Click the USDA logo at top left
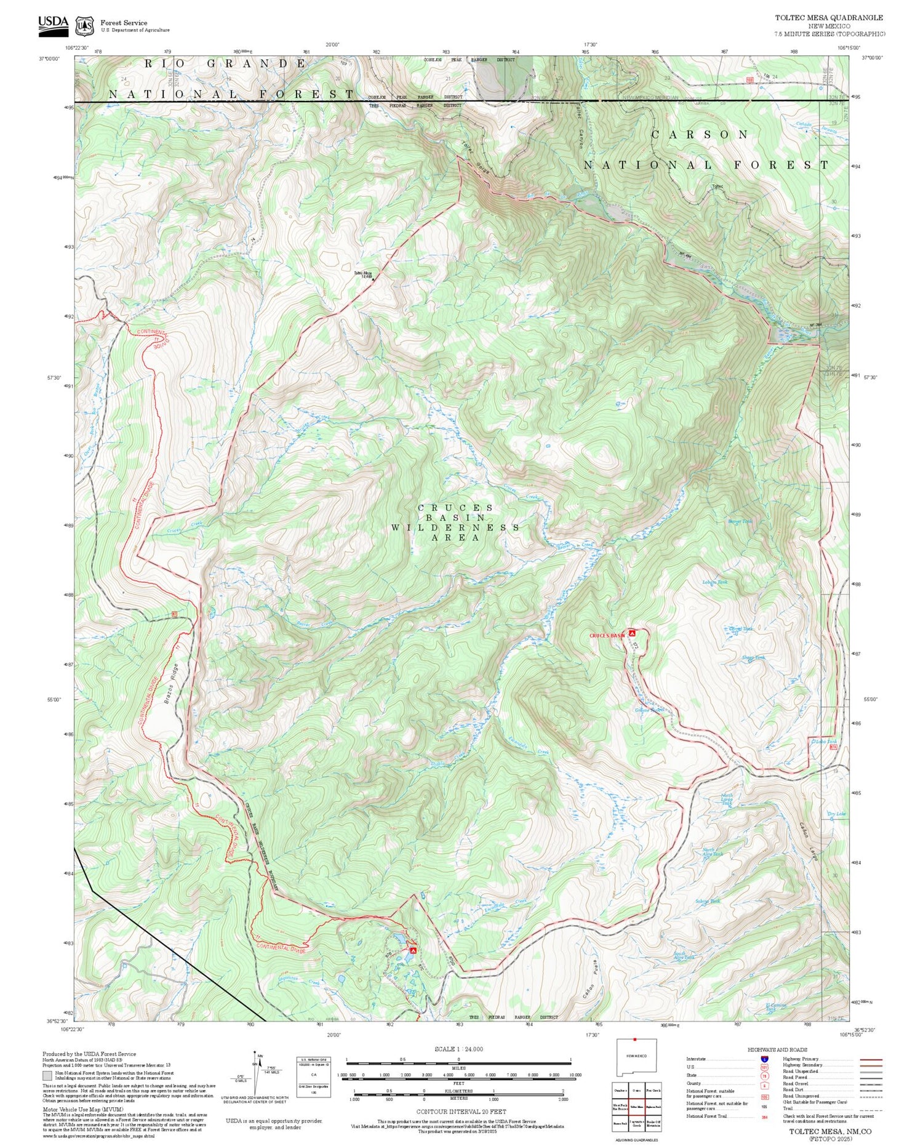tap(53, 23)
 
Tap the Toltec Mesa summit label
tap(363, 274)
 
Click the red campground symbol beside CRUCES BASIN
tap(632, 633)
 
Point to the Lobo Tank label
tap(826, 742)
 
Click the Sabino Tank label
tap(707, 901)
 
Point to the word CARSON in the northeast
tap(700, 134)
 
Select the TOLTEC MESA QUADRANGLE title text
tap(829, 18)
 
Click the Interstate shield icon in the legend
tap(764, 1059)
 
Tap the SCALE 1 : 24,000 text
tap(458, 1049)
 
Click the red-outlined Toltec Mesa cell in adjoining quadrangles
tap(636, 1106)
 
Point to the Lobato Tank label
tap(715, 582)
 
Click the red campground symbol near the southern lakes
tap(413, 950)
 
